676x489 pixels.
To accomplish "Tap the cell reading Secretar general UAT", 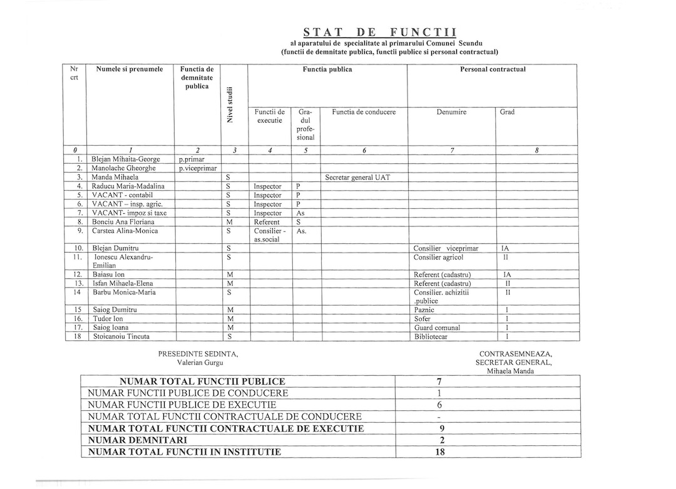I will tap(357, 178).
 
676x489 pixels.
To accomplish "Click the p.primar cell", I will tap(192, 159).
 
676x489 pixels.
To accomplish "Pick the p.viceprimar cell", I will tap(197, 168).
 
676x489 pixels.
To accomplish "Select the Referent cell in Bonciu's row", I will tap(267, 221).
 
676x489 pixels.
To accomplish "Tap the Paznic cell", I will tap(424, 310).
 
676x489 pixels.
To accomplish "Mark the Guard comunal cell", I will tap(436, 328).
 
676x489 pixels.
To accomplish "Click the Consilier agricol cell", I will tap(438, 257).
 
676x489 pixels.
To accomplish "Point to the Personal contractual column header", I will tap(493, 69).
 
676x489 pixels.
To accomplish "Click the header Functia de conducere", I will tap(364, 112).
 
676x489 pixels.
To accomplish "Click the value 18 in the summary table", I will tap(439, 451).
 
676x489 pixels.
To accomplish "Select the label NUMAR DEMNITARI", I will tap(131, 440).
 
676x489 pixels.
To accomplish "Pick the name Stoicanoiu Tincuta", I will tap(122, 336).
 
